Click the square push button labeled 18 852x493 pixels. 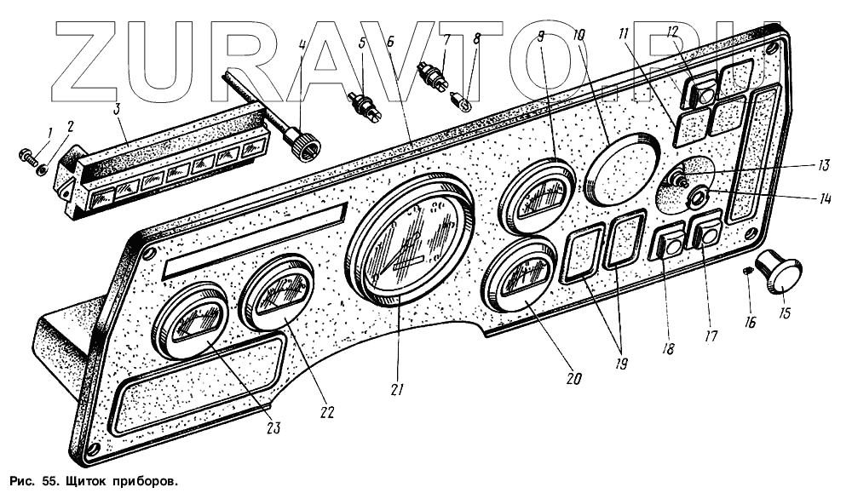(667, 246)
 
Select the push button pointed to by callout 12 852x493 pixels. (704, 92)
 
